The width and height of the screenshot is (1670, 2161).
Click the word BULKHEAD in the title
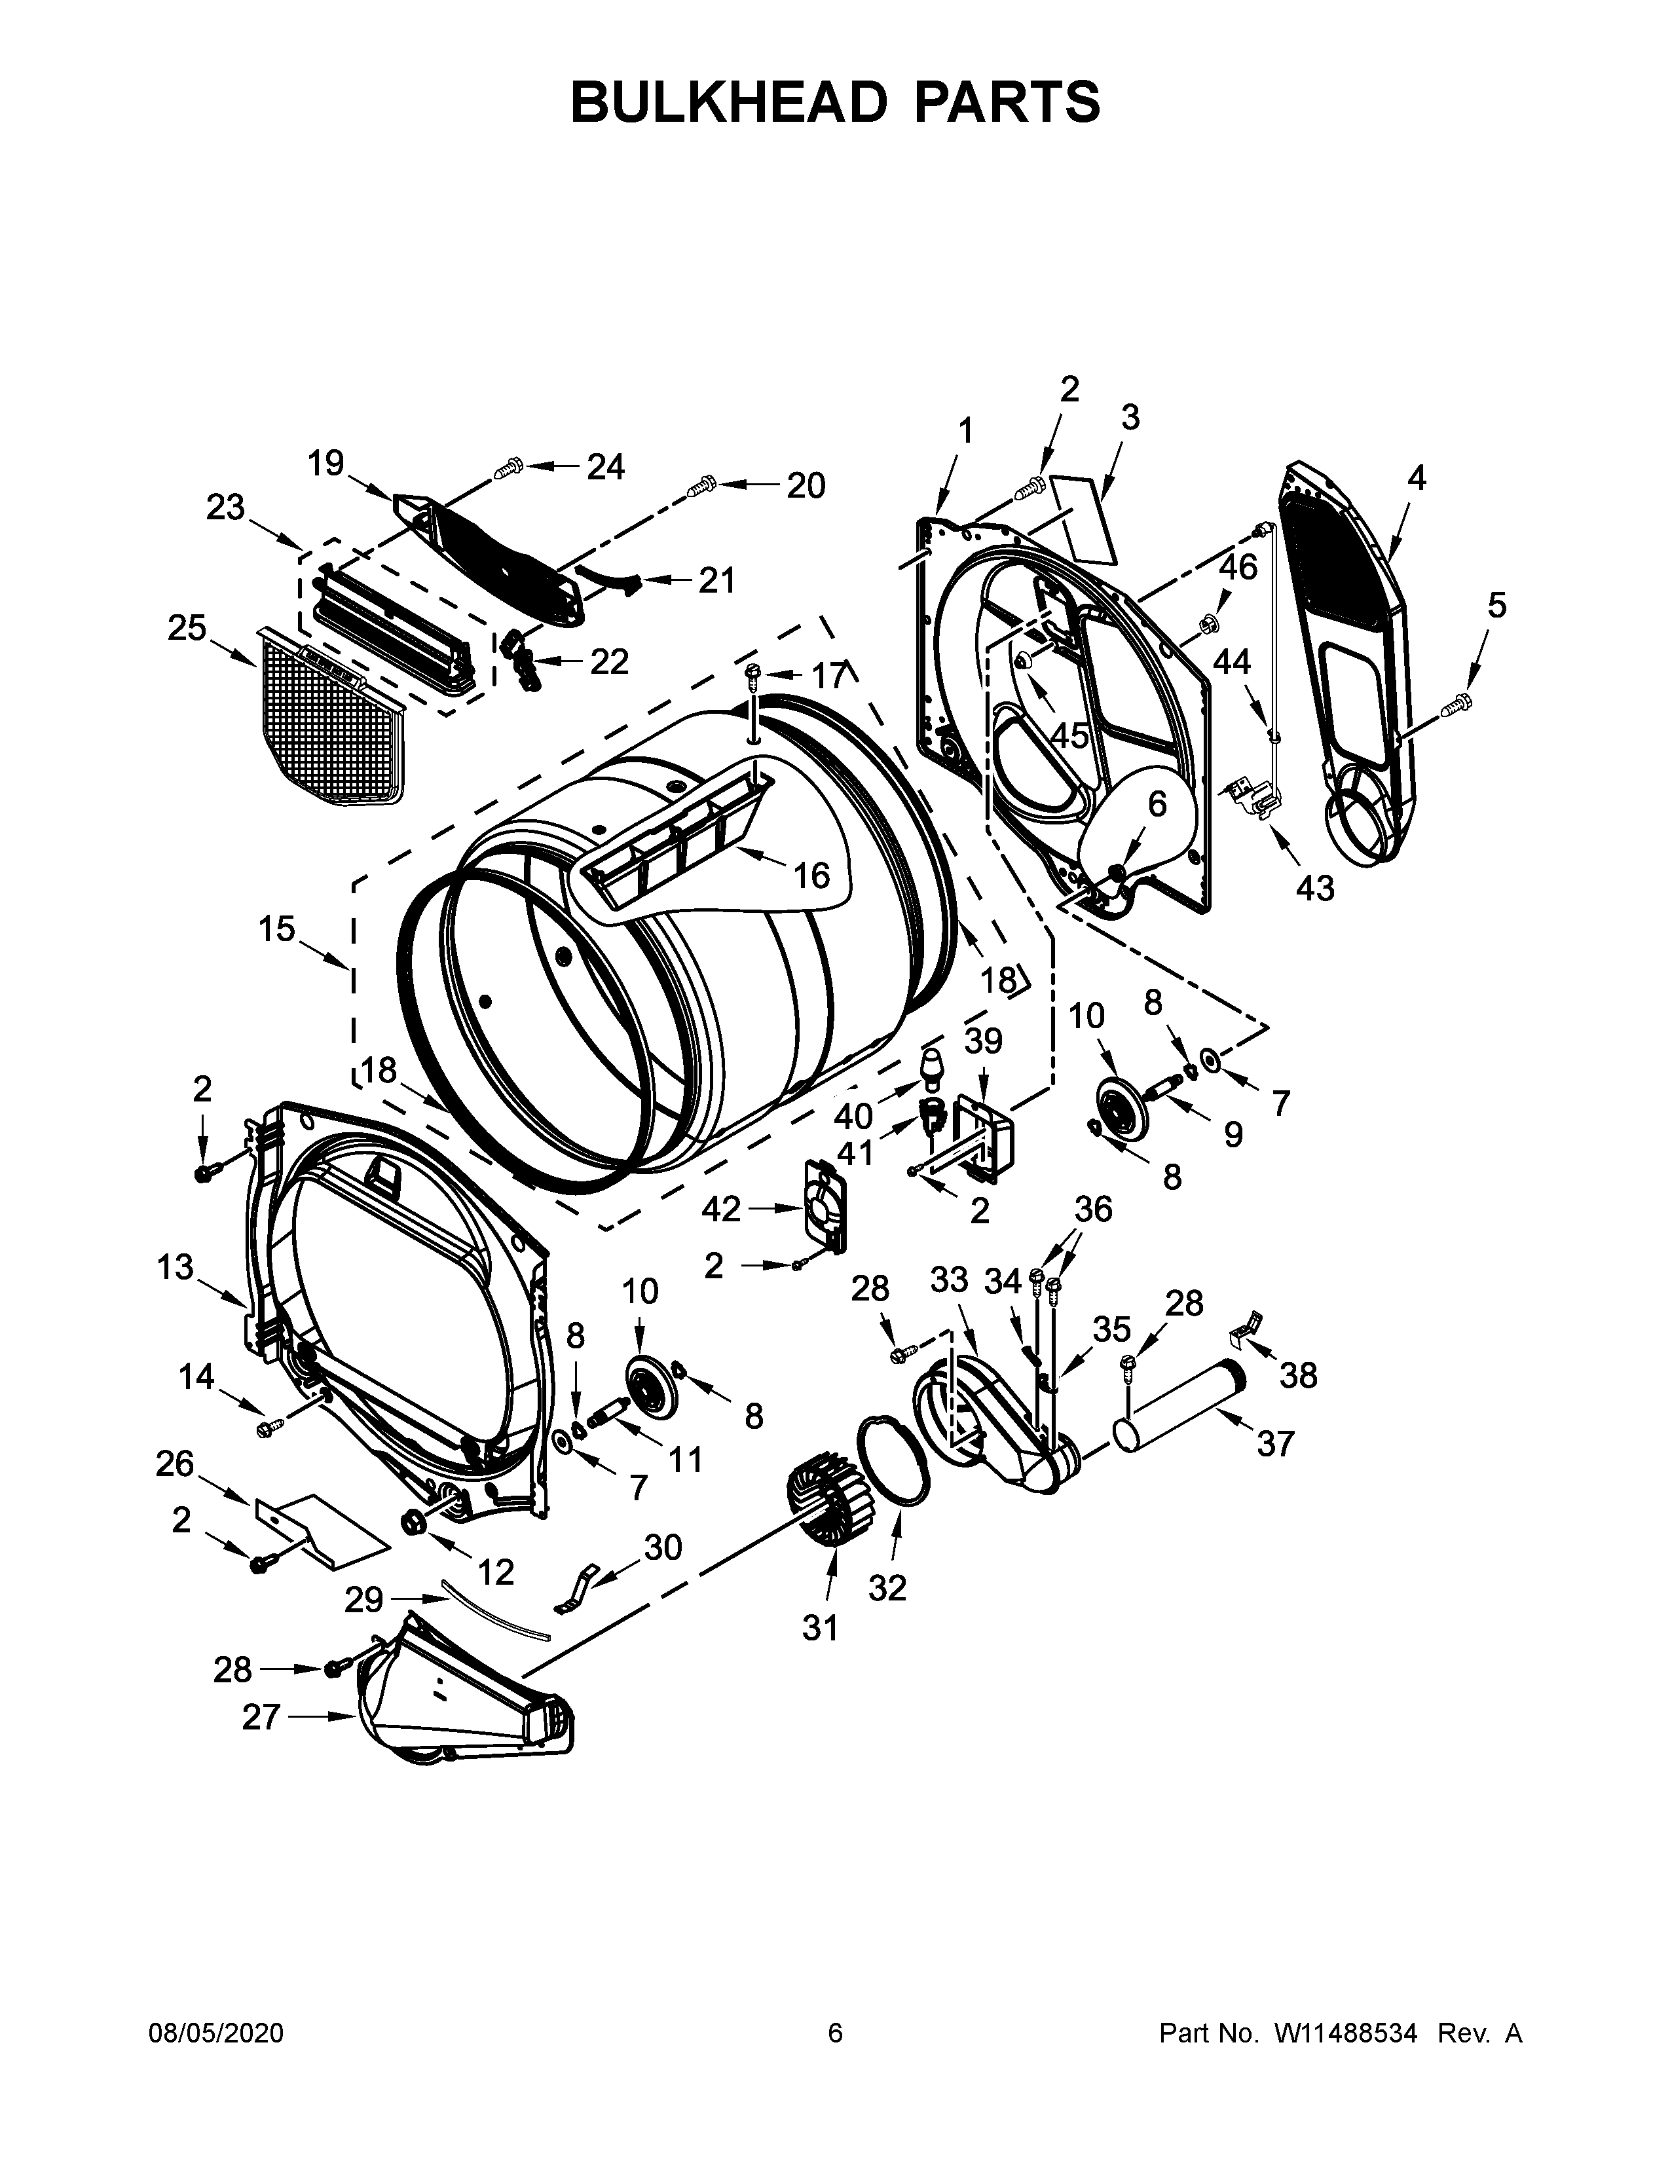[727, 102]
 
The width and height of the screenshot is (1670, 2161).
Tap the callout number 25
[187, 628]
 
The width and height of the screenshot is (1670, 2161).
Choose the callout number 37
[1275, 1445]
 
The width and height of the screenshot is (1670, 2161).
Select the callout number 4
[1417, 479]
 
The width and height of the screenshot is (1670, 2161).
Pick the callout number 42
[721, 1208]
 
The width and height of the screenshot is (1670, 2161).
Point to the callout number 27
[262, 1717]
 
